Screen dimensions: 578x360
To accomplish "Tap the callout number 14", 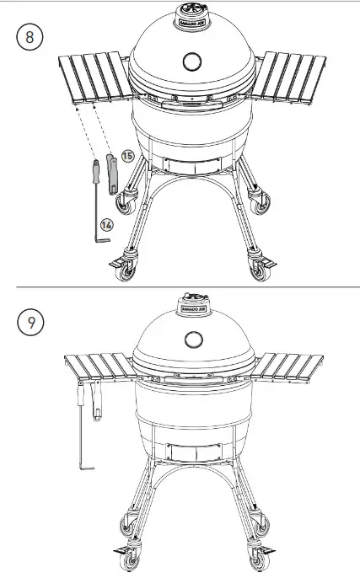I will pyautogui.click(x=107, y=224).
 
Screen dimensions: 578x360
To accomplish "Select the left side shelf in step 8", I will pyautogui.click(x=91, y=78).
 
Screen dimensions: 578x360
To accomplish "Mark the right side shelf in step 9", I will pyautogui.click(x=288, y=367).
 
